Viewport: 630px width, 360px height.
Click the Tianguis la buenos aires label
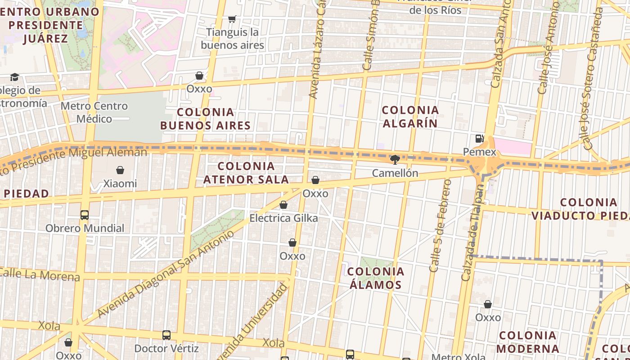[232, 39]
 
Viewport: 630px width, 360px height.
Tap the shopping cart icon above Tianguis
[232, 19]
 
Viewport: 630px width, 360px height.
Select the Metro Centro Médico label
[94, 112]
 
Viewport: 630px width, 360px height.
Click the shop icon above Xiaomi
[120, 170]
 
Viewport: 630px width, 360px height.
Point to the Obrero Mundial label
[85, 228]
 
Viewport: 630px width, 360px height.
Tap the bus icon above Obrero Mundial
[85, 215]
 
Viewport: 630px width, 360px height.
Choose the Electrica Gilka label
[283, 218]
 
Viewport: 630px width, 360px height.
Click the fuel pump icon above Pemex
[479, 139]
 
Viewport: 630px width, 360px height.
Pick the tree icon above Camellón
[395, 159]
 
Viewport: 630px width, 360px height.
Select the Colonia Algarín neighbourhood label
[410, 117]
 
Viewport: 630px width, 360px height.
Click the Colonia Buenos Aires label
[205, 119]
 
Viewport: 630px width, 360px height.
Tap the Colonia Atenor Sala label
[246, 173]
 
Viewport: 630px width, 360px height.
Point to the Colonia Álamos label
[375, 278]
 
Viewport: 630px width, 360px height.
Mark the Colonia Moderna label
[528, 342]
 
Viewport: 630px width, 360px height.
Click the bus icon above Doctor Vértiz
[166, 335]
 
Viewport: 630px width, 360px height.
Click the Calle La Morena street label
[40, 274]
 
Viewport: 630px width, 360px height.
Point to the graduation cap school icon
[15, 77]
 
